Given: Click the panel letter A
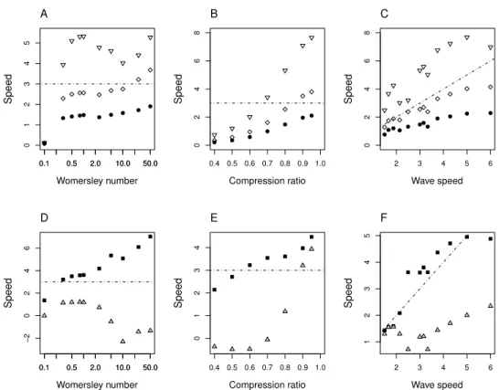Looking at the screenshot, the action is [x=44, y=14].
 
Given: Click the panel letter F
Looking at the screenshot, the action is [x=384, y=218].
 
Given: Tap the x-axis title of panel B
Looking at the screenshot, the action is [x=267, y=181].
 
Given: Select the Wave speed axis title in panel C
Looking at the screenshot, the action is [x=437, y=181].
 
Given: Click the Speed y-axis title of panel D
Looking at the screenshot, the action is [x=8, y=292].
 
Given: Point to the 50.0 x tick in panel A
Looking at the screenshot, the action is [x=150, y=163].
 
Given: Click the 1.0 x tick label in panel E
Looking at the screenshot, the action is [x=320, y=367].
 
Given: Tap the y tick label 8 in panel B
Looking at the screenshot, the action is [x=197, y=33].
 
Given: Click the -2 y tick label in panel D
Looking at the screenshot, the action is [x=27, y=338].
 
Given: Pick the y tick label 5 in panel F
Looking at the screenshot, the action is [x=367, y=236].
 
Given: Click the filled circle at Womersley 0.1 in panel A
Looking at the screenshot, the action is [x=44, y=143].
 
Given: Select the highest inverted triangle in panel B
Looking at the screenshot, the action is [x=312, y=37].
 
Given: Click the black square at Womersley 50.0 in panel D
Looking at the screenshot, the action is [x=150, y=237].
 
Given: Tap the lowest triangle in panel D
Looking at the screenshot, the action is [x=122, y=341].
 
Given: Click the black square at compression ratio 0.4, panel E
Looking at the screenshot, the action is [x=215, y=290].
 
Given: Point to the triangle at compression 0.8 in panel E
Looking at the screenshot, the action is [x=285, y=311].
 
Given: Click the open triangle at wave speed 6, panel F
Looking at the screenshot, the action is [x=491, y=305].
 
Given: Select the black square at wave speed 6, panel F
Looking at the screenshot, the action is [x=491, y=239].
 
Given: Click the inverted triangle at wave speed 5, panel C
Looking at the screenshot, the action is [x=467, y=37].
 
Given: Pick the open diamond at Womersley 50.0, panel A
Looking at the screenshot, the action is [x=150, y=70].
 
